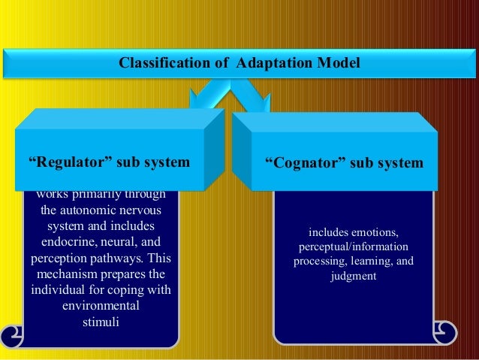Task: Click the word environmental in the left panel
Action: click(x=100, y=307)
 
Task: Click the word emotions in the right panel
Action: click(x=375, y=231)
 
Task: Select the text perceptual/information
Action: click(x=353, y=246)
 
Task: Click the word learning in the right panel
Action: click(x=367, y=261)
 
